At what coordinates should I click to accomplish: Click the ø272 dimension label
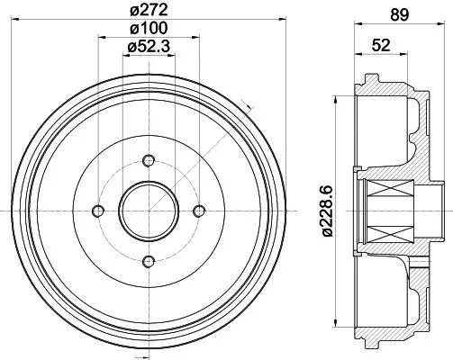[149, 11]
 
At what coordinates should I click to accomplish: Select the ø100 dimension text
[149, 29]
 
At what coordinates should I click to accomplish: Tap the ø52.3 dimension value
[149, 47]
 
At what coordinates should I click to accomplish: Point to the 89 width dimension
[399, 15]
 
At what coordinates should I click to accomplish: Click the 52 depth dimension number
[381, 45]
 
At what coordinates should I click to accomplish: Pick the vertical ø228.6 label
[328, 211]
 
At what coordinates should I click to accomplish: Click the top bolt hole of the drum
[149, 160]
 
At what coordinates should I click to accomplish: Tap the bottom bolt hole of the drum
[149, 262]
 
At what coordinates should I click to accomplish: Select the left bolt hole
[98, 211]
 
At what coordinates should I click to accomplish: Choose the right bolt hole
[199, 211]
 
